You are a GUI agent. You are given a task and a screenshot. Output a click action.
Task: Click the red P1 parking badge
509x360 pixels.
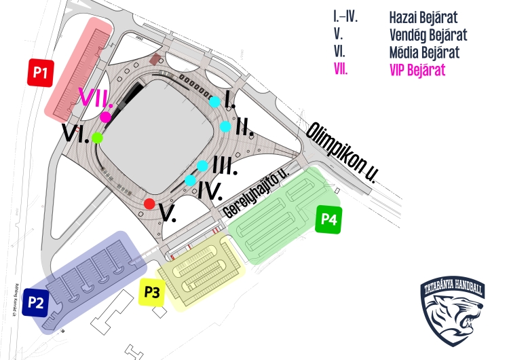[40, 72]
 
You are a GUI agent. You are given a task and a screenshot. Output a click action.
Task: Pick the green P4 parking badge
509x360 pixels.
[329, 219]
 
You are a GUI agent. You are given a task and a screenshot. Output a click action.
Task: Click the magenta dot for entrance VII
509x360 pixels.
[106, 117]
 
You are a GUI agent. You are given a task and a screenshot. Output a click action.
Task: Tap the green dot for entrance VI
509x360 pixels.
[98, 138]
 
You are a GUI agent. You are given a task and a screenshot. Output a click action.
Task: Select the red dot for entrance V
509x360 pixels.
[149, 204]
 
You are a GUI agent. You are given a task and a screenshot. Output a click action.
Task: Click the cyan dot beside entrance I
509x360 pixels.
[214, 102]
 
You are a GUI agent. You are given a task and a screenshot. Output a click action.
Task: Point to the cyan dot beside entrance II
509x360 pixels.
[225, 126]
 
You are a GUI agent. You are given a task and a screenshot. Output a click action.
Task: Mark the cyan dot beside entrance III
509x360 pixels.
[202, 166]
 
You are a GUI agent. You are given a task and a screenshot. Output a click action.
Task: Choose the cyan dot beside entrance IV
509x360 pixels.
[190, 180]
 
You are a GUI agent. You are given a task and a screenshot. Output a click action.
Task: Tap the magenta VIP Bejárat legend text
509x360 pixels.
[417, 69]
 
